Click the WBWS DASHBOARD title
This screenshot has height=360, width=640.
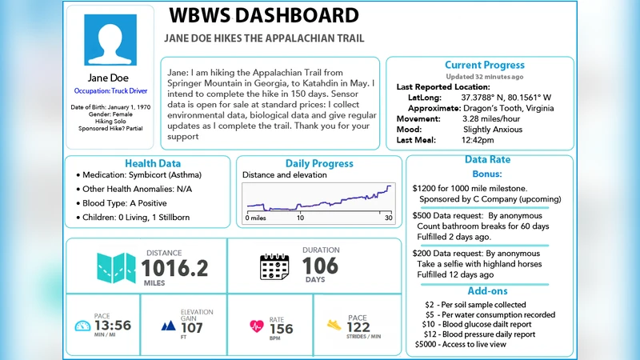[x=264, y=15]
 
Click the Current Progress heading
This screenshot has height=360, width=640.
[x=485, y=65]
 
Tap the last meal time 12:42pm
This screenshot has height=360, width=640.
[x=478, y=139]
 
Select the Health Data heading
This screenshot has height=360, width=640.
[x=153, y=163]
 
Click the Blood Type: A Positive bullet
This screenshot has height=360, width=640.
[x=126, y=203]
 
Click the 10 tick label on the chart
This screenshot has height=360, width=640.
[x=300, y=218]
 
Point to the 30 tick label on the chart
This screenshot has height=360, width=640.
[x=388, y=218]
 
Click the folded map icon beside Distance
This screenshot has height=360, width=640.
[x=116, y=266]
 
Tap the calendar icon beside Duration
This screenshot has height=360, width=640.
[x=274, y=266]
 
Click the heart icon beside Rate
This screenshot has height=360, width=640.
[x=257, y=326]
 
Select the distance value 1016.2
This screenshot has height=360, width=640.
[x=175, y=267]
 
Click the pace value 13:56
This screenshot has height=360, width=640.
[x=112, y=326]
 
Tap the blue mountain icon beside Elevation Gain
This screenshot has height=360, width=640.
[x=168, y=326]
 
